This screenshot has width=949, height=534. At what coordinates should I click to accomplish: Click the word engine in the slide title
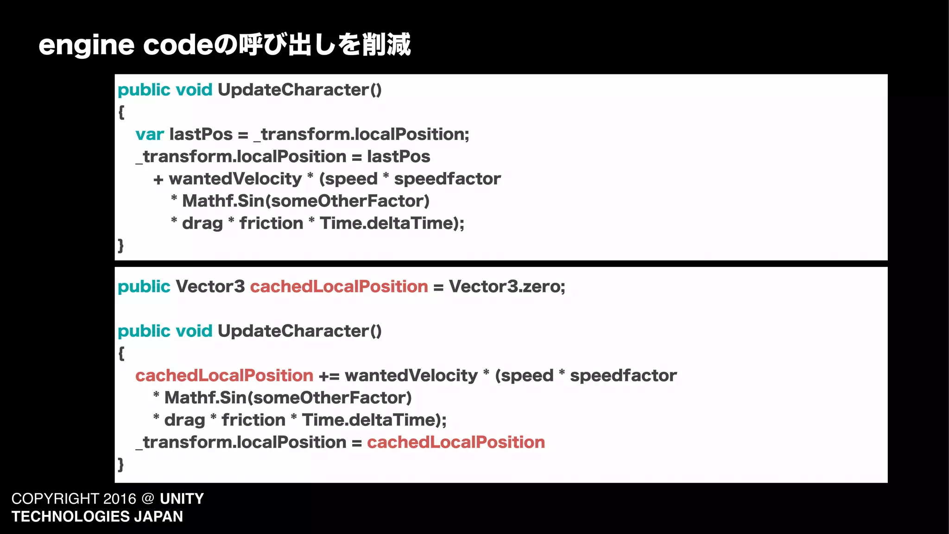[86, 45]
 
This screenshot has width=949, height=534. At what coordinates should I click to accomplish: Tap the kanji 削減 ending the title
[386, 45]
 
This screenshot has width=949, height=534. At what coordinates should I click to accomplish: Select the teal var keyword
[149, 134]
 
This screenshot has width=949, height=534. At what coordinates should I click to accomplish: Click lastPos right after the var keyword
[201, 134]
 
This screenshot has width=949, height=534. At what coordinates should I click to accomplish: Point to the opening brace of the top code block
[121, 112]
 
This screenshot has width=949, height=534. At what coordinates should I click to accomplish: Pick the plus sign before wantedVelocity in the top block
[158, 180]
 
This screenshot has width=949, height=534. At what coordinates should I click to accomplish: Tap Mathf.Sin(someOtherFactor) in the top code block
[306, 201]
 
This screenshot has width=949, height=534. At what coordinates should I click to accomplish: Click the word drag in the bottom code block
[184, 420]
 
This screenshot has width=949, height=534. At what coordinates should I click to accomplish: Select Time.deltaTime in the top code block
[387, 223]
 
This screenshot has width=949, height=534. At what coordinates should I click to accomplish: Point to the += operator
[329, 376]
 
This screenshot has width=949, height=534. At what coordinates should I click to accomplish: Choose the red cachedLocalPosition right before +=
[224, 375]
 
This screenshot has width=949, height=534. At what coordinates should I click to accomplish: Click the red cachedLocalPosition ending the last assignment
[456, 442]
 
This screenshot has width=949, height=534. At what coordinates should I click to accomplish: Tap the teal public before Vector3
[144, 286]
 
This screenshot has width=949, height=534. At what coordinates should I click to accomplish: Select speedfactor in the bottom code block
[623, 375]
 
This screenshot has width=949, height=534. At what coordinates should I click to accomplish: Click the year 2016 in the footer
[120, 499]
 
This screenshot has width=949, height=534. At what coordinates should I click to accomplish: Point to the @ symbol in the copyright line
[148, 499]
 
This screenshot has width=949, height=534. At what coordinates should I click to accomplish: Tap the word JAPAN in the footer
[158, 516]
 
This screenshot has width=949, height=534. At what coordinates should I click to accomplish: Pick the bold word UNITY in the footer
[182, 499]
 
